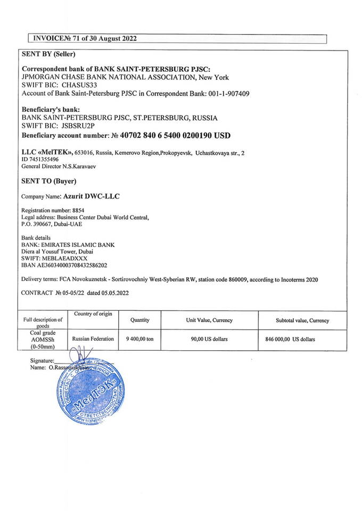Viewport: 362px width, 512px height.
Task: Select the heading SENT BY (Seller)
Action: point(48,54)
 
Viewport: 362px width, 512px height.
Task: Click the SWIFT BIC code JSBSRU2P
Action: point(78,126)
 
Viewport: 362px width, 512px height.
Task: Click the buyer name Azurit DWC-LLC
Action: point(91,196)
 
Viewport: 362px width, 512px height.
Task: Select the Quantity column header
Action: point(140,320)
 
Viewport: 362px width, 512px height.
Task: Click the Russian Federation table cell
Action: point(93,339)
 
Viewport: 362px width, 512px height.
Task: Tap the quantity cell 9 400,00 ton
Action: point(139,339)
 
